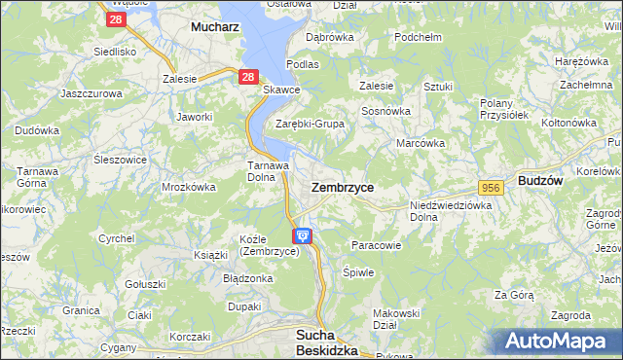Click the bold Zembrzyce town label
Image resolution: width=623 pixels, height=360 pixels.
tap(342, 186)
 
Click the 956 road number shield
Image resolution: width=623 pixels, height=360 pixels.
tap(491, 186)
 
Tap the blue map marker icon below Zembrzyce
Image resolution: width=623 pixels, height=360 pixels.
tap(303, 235)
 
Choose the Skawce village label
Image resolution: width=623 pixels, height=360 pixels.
tap(282, 90)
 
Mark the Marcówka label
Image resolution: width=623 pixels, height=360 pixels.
tap(421, 143)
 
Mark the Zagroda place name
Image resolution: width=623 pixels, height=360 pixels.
tap(570, 315)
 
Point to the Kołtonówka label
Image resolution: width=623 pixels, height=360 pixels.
tap(568, 123)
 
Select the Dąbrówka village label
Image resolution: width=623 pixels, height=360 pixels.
tap(329, 37)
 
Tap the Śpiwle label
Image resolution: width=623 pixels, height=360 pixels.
tap(359, 272)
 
